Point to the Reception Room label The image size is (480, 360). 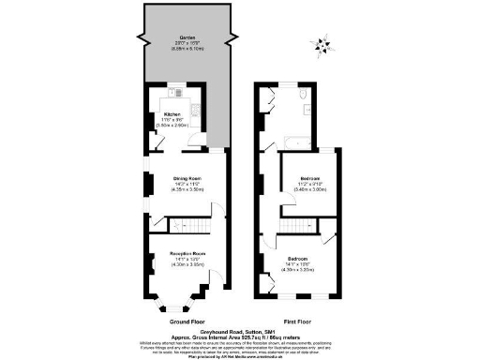coord(187,254)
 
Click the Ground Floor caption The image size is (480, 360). coord(187,322)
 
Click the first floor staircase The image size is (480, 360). coord(300,225)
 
